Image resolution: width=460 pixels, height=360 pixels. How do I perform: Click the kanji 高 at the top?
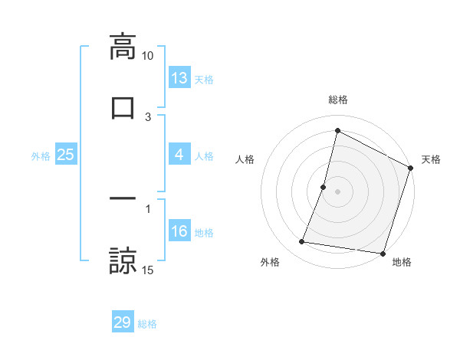click(x=122, y=47)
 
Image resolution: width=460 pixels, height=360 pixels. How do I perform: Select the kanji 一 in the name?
click(x=122, y=198)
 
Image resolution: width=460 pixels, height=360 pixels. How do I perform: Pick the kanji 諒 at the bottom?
click(x=122, y=260)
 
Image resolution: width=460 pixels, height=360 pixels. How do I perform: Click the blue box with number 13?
click(x=179, y=78)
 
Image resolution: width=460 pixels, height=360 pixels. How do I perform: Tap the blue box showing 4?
click(x=179, y=155)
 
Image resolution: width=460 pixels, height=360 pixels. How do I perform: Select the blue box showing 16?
click(x=179, y=231)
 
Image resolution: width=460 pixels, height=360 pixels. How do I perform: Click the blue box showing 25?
click(x=66, y=155)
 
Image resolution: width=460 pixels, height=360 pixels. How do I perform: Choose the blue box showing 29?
click(x=123, y=322)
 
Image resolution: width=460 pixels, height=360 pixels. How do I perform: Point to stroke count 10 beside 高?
click(x=148, y=56)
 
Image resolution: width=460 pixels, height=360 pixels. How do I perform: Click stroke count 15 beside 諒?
click(x=148, y=270)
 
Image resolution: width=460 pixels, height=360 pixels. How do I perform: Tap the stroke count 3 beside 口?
click(x=148, y=116)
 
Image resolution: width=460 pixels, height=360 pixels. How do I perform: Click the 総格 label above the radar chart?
click(x=337, y=100)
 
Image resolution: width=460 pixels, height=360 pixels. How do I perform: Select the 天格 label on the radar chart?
click(x=431, y=159)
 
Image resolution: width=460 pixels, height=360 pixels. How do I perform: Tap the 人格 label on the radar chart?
click(x=245, y=159)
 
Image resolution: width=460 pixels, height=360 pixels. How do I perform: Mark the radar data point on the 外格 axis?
click(x=302, y=242)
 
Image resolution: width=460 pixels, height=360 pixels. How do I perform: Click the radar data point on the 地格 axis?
click(x=381, y=253)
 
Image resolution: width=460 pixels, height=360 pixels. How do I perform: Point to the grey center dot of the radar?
click(x=337, y=191)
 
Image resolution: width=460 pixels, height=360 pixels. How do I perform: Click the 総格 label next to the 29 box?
click(x=147, y=324)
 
